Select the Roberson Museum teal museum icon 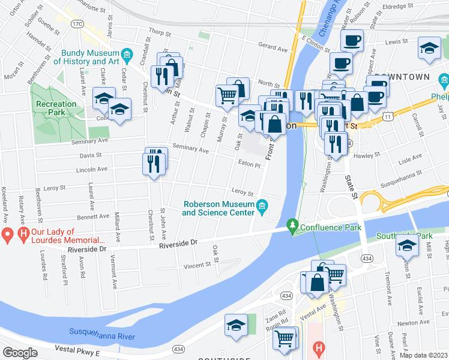click(x=262, y=208)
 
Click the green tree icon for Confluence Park click(x=292, y=227)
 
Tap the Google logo click(x=20, y=353)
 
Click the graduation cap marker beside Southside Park click(x=407, y=245)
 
